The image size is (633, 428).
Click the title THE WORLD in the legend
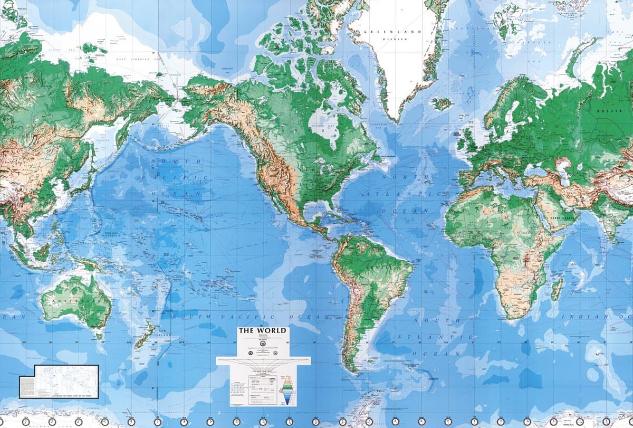262,331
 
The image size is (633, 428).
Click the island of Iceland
442,103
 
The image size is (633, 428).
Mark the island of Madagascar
557,289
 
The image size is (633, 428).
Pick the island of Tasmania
98,335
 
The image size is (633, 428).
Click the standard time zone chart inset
59,381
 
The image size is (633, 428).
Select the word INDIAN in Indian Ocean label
579,316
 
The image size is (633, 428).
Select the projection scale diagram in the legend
263,364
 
